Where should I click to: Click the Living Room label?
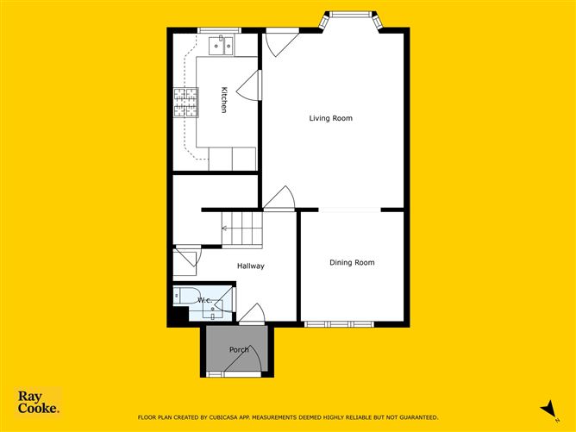click(331, 118)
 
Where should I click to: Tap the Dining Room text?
click(352, 262)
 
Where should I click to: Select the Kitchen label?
click(223, 101)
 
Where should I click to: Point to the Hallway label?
click(251, 266)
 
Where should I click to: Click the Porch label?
click(239, 349)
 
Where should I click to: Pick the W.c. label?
click(204, 300)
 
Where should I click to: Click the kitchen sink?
click(223, 44)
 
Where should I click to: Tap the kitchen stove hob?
click(185, 103)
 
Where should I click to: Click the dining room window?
click(340, 324)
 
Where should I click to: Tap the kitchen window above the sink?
click(218, 31)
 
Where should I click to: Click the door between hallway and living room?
click(279, 200)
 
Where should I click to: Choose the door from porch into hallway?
click(253, 316)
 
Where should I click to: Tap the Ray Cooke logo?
click(39, 403)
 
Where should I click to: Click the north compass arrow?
click(545, 408)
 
